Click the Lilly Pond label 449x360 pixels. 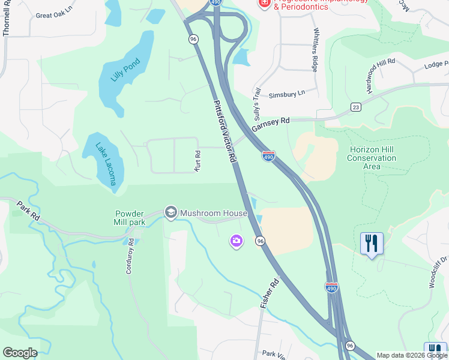tap(125, 70)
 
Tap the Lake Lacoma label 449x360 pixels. tap(104, 163)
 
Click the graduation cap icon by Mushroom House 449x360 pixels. tap(171, 212)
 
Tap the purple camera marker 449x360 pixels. tap(237, 241)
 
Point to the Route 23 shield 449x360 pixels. tap(355, 107)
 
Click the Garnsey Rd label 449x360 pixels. tap(270, 124)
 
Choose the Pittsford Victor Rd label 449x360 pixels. tap(223, 132)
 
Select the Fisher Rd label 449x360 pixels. tap(270, 294)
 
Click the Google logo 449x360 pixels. tap(20, 353)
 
